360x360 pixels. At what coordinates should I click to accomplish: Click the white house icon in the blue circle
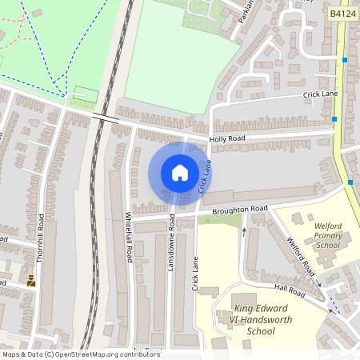[180, 173]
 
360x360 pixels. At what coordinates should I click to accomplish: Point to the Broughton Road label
[240, 210]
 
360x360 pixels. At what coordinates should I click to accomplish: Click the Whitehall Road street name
[129, 237]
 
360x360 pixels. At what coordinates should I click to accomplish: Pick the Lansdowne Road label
[170, 241]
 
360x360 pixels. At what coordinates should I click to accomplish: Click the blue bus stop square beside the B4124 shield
[345, 60]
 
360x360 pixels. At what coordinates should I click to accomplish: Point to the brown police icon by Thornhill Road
[31, 280]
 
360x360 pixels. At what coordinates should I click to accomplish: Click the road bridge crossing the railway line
[105, 117]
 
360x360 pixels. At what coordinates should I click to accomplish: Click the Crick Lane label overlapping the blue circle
[205, 176]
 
